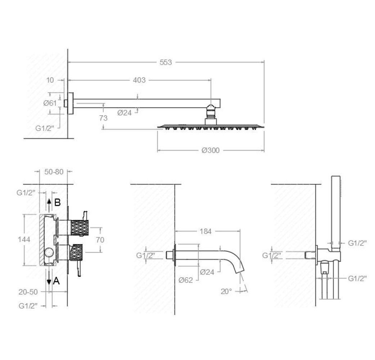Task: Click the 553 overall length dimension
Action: coord(166,62)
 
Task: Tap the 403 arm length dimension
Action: coord(139,80)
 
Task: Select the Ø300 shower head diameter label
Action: coord(211,150)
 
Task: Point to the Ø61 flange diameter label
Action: coord(50,103)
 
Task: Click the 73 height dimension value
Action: coord(103,118)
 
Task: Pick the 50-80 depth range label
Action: coord(54,172)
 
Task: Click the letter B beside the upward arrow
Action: coord(57,203)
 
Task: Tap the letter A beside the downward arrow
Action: coord(56,280)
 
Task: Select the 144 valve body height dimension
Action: coord(24,239)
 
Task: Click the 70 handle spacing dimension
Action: coord(100,240)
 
